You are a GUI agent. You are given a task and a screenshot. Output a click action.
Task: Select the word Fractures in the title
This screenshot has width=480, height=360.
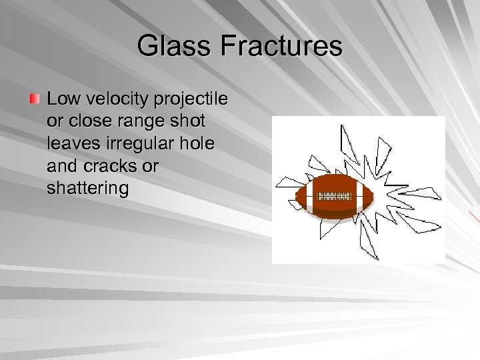point(281,47)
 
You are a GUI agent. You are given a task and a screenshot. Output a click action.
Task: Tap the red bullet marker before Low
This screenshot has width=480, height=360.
point(34,99)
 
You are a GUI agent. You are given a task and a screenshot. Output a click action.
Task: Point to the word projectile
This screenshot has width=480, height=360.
point(191,99)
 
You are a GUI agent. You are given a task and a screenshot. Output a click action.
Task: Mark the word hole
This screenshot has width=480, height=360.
point(198,143)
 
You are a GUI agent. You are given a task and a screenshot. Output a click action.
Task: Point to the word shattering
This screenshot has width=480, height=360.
point(87,188)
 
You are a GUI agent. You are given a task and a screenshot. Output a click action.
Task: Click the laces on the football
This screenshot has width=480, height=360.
point(333,197)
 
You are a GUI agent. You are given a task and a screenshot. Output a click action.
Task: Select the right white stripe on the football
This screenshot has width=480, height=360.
point(358,196)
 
